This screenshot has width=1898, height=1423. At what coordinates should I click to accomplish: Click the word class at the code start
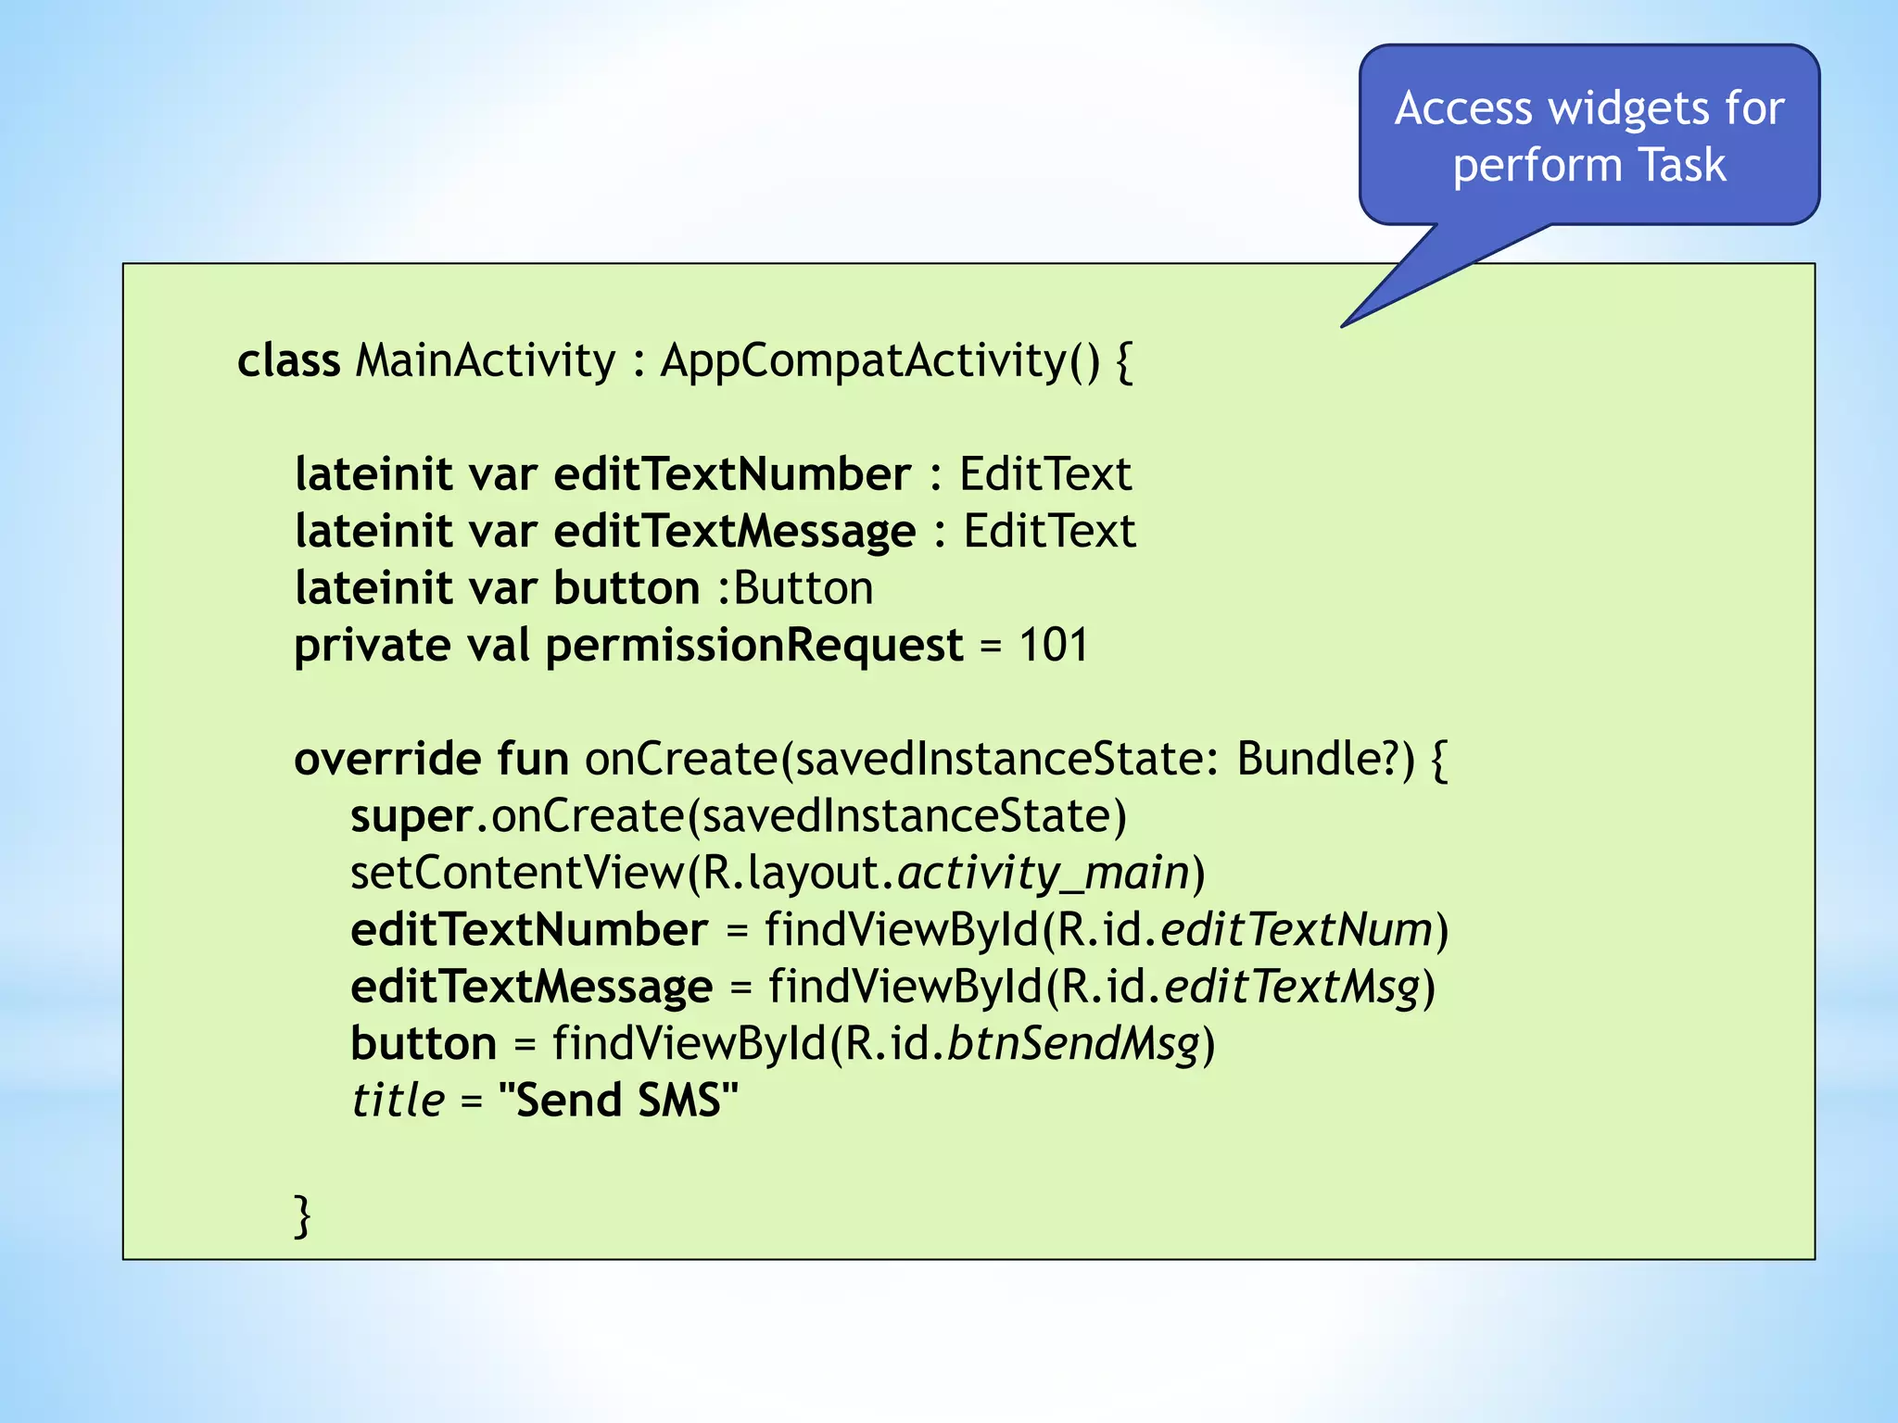288,360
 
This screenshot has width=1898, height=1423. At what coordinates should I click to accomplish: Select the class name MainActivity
485,360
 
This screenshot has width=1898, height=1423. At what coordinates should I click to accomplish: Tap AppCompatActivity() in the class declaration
879,360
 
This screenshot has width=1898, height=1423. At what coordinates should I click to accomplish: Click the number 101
1053,645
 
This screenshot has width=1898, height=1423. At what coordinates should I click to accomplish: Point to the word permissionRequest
753,647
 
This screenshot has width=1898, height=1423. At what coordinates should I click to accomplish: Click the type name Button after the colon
803,588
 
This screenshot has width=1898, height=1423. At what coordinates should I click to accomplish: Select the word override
387,759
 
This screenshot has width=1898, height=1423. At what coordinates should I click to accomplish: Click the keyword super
411,817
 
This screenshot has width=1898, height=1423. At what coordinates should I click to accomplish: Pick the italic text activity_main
1043,874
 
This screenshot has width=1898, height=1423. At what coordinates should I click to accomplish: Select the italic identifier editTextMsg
1292,988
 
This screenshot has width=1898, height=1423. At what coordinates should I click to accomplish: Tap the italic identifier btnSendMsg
1073,1044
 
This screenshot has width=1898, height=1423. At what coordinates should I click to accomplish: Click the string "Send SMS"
618,1101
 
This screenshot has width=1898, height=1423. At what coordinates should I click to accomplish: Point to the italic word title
398,1101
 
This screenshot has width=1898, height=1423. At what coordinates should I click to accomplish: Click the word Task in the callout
1682,166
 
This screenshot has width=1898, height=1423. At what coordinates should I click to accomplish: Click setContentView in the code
516,874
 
